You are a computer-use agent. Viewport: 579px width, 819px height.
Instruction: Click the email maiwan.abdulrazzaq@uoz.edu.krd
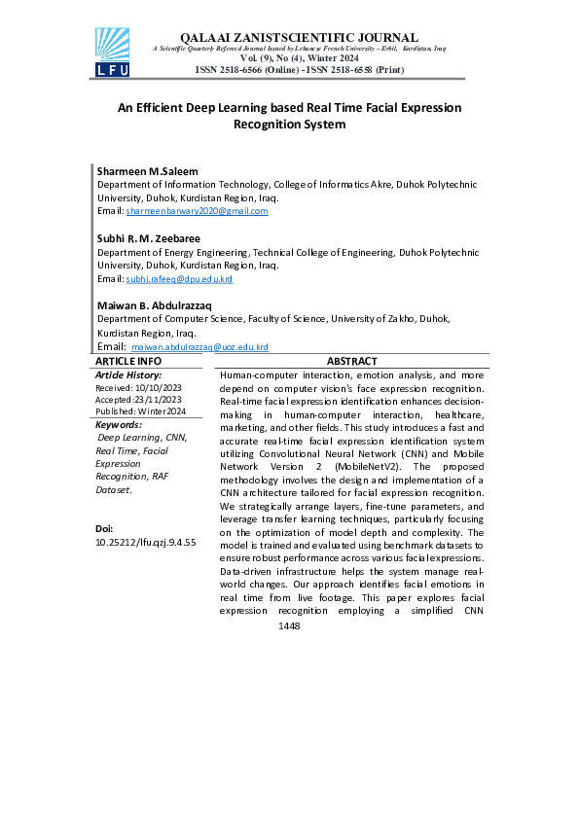point(199,347)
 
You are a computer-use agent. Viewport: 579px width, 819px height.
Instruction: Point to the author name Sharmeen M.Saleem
point(147,171)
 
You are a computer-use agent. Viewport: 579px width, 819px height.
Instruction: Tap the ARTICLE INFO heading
point(128,361)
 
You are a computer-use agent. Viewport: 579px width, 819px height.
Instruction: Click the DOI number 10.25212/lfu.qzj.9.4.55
point(146,542)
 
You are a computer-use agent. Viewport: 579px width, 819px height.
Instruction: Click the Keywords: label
point(119,425)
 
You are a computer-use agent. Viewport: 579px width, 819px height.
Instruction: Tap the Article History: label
point(128,374)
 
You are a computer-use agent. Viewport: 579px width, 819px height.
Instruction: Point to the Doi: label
point(104,528)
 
